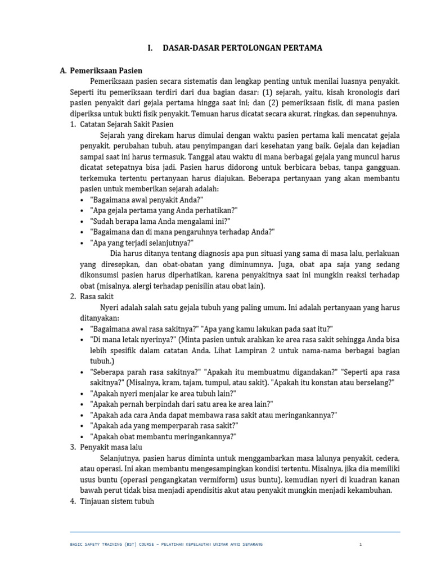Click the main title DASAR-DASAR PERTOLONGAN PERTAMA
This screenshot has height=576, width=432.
[242, 48]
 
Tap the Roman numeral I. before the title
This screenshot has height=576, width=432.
[150, 48]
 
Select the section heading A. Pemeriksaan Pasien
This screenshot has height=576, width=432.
[101, 71]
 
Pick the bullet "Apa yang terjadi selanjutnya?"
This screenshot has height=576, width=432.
[141, 242]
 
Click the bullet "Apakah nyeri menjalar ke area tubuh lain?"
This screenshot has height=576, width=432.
[163, 393]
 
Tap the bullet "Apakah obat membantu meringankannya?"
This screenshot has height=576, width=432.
[163, 436]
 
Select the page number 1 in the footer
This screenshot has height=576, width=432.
[361, 544]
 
